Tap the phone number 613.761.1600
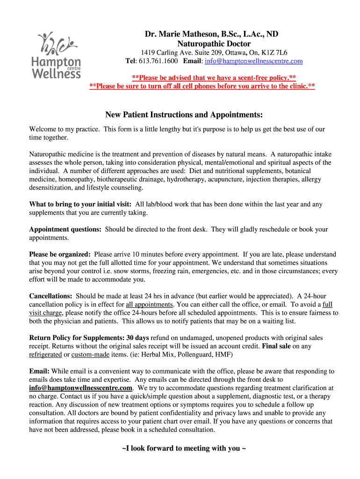click(158, 61)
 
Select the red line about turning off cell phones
click(202, 87)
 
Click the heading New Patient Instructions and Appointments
click(184, 115)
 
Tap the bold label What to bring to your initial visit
click(81, 204)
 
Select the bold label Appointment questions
click(65, 230)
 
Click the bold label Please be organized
click(60, 255)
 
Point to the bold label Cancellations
click(50, 296)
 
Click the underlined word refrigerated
click(45, 355)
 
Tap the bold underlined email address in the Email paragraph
click(81, 388)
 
